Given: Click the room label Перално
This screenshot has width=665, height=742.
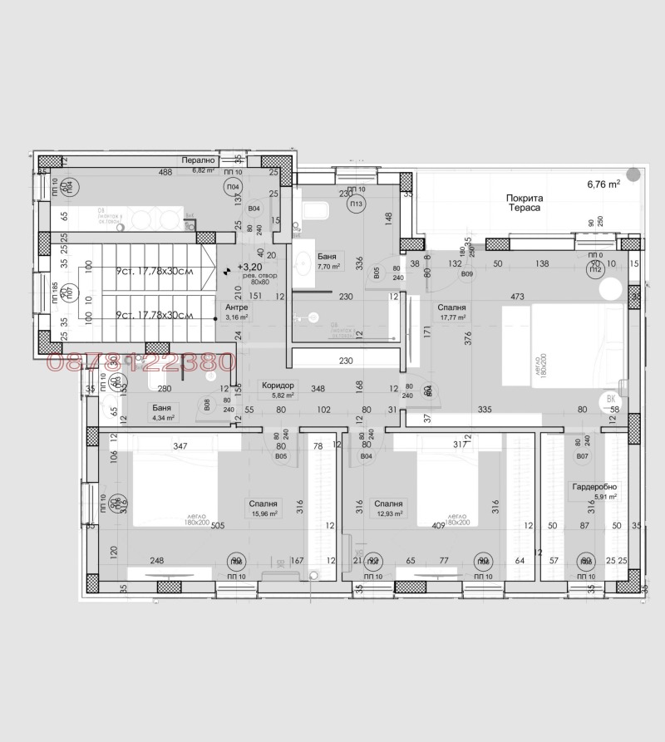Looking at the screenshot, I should [199, 160].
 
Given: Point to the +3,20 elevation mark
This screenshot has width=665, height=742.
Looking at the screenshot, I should [249, 268].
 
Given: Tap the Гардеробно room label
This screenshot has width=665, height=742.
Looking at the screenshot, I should [594, 487].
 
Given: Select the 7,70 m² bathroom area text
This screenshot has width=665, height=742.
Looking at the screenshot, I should [328, 268].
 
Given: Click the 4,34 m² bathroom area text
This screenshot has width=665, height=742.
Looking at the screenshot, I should [163, 418].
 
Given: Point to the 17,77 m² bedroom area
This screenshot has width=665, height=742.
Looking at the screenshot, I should [452, 317].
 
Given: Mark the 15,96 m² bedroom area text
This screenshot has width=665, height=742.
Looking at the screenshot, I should [262, 514].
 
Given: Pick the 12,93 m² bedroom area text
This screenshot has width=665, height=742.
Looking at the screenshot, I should [388, 514].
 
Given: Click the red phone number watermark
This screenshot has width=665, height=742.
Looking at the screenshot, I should [142, 362].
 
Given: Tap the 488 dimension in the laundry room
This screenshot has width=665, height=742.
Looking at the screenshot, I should [166, 172].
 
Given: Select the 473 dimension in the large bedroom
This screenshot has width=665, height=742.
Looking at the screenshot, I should [517, 296].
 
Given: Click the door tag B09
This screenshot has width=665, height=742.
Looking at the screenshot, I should [467, 273].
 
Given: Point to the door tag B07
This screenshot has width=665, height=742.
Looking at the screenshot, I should [581, 457].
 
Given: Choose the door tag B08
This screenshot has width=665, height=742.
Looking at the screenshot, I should [205, 405].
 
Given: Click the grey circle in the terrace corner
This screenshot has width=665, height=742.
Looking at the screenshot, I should [634, 174].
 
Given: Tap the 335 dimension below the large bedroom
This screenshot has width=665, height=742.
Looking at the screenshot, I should [485, 409].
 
